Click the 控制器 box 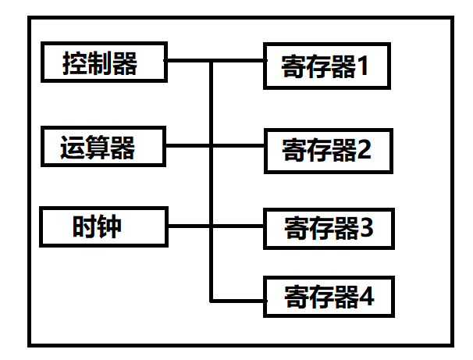[103, 63]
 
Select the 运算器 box [103, 146]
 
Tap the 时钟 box [103, 227]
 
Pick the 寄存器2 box [325, 151]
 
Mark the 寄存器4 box [325, 297]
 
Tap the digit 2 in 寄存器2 [365, 151]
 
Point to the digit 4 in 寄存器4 [365, 297]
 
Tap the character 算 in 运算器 [98, 146]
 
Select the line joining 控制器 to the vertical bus [188, 61]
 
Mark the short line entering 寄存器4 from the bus [238, 300]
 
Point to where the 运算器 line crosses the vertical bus [212, 145]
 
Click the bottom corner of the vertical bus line [212, 300]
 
